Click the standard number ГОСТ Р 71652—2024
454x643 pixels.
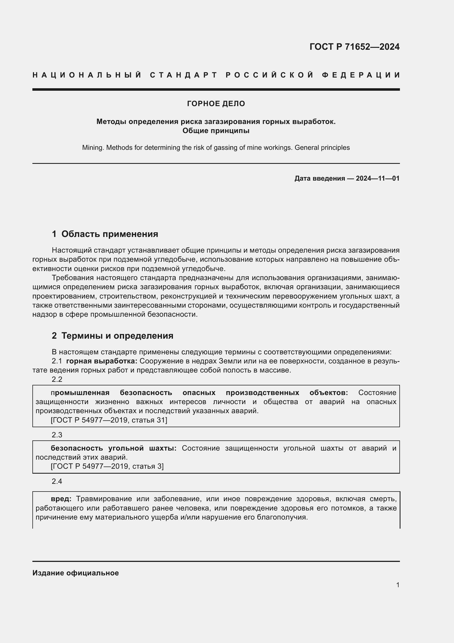click(354, 47)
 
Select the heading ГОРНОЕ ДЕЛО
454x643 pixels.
click(216, 104)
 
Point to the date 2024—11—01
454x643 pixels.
click(377, 178)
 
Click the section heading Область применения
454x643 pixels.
click(110, 234)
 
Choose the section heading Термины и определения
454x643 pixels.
click(117, 335)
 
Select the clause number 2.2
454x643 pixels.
click(57, 379)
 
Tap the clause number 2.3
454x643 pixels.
click(57, 435)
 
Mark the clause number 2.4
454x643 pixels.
click(57, 481)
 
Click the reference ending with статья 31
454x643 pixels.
click(109, 420)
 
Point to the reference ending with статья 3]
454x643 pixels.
click(107, 466)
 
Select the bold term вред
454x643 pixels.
click(61, 499)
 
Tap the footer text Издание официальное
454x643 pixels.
click(75, 573)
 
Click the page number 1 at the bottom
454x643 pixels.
click(397, 585)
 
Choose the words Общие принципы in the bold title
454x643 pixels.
click(216, 131)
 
